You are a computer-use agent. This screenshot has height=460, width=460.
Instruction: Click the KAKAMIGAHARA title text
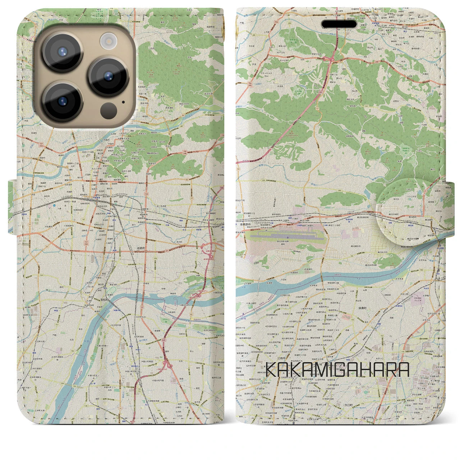pos(337,370)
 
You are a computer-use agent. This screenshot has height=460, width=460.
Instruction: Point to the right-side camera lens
pos(109,76)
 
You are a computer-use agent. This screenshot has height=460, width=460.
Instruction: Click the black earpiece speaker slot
pos(339,24)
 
